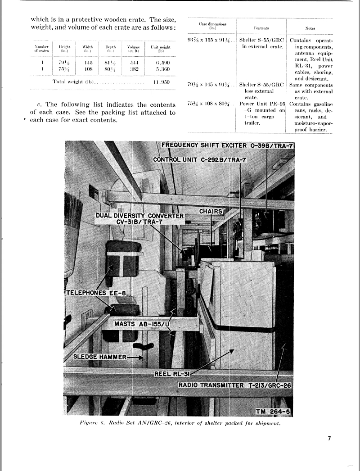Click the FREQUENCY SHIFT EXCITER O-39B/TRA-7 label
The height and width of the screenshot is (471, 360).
(227, 145)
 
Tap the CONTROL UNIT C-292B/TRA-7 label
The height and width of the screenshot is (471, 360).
(197, 159)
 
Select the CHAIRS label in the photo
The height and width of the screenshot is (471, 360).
(211, 211)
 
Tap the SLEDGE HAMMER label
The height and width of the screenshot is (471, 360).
(100, 357)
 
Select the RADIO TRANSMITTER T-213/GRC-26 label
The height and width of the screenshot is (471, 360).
(235, 385)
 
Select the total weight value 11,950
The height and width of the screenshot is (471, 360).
(161, 83)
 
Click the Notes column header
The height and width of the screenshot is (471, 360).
(310, 28)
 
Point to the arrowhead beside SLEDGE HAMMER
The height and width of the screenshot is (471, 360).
(141, 358)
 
